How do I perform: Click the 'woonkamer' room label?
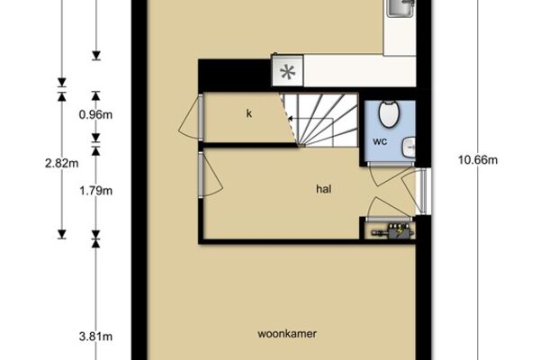pyautogui.click(x=287, y=334)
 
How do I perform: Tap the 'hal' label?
pyautogui.click(x=324, y=189)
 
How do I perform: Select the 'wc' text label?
pyautogui.click(x=380, y=141)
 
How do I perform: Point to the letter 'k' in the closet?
pyautogui.click(x=249, y=113)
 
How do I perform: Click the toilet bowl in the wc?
pyautogui.click(x=389, y=113)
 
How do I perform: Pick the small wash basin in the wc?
pyautogui.click(x=409, y=148)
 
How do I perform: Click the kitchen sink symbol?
pyautogui.click(x=401, y=7)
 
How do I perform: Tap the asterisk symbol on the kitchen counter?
pyautogui.click(x=288, y=72)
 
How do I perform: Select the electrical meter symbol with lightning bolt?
pyautogui.click(x=392, y=231)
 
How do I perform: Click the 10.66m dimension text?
pyautogui.click(x=478, y=160)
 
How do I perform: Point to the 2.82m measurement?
pyautogui.click(x=61, y=163)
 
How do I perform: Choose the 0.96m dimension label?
pyautogui.click(x=95, y=114)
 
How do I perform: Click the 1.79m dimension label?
pyautogui.click(x=95, y=191)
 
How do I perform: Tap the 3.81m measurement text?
pyautogui.click(x=95, y=337)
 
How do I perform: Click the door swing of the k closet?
pyautogui.click(x=188, y=118)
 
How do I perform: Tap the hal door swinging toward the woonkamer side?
pyautogui.click(x=211, y=175)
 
